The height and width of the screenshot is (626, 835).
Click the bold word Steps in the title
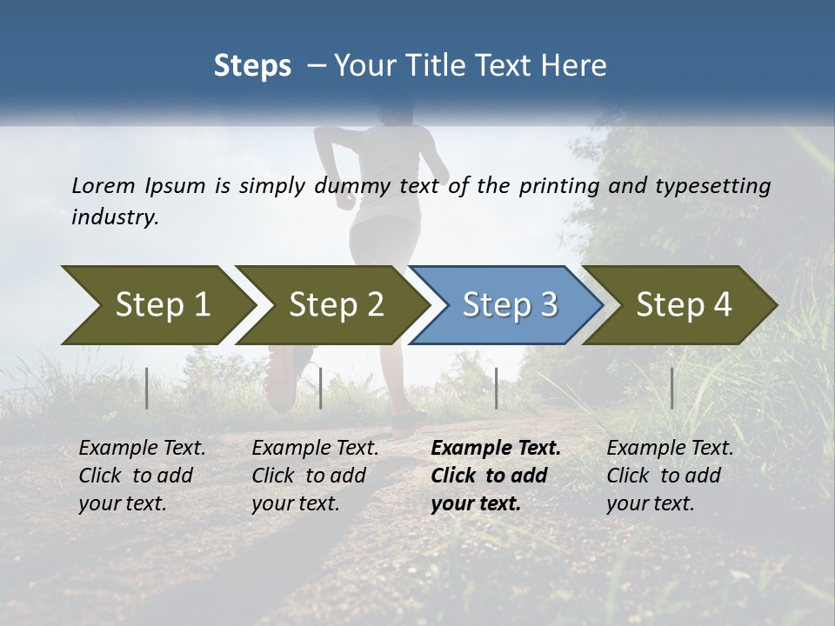click(x=252, y=66)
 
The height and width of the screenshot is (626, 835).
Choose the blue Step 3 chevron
click(x=504, y=305)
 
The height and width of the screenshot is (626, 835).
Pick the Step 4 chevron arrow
click(x=678, y=305)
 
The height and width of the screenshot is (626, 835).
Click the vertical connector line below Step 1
click(x=146, y=388)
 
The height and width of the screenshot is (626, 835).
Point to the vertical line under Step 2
click(x=321, y=388)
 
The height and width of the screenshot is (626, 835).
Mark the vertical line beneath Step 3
click(x=496, y=388)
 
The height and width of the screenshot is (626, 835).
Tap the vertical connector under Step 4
click(x=671, y=388)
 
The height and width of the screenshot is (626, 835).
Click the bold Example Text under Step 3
click(x=496, y=449)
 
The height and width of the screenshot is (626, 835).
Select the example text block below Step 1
click(x=142, y=476)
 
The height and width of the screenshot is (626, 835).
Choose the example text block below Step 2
click(x=315, y=476)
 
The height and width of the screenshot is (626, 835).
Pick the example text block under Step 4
click(x=670, y=476)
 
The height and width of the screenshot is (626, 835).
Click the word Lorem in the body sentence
click(x=103, y=185)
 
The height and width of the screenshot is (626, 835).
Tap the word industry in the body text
click(x=114, y=217)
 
